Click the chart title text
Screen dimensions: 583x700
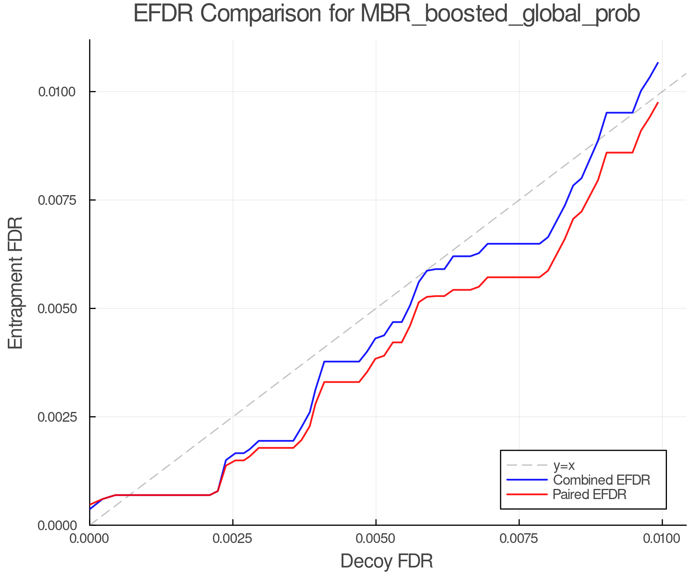(387, 14)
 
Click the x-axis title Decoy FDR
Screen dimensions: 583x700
(387, 561)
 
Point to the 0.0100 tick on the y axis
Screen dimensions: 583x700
(57, 92)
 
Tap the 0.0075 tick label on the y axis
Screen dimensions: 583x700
(57, 201)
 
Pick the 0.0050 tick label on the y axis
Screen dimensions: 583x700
(57, 309)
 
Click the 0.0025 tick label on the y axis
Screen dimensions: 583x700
(57, 417)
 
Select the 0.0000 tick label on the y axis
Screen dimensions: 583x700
(57, 525)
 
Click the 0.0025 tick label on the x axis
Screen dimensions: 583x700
(233, 539)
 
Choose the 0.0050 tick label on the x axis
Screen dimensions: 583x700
(376, 539)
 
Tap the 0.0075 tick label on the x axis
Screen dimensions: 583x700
(519, 539)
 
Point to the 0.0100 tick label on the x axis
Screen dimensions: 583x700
(662, 539)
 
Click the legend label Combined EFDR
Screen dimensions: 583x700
(601, 480)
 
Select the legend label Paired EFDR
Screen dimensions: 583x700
(589, 494)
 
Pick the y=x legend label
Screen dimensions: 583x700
(564, 466)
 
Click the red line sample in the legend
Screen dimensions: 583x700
(527, 494)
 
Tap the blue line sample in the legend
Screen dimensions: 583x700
(527, 480)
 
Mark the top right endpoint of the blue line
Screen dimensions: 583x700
(658, 63)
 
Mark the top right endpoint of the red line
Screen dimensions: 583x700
(658, 103)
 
